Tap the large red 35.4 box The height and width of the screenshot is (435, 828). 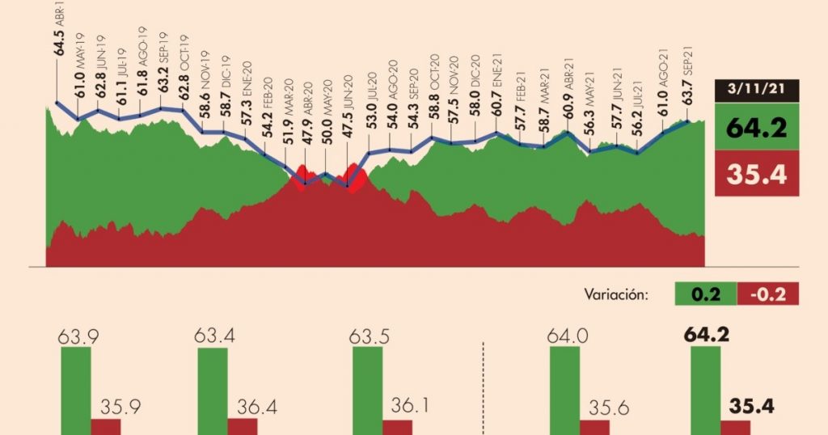[757, 173]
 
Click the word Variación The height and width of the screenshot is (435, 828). [617, 294]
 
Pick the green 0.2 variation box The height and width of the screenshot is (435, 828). [706, 294]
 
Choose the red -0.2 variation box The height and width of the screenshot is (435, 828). [767, 294]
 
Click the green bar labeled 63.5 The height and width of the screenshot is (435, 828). [368, 392]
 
